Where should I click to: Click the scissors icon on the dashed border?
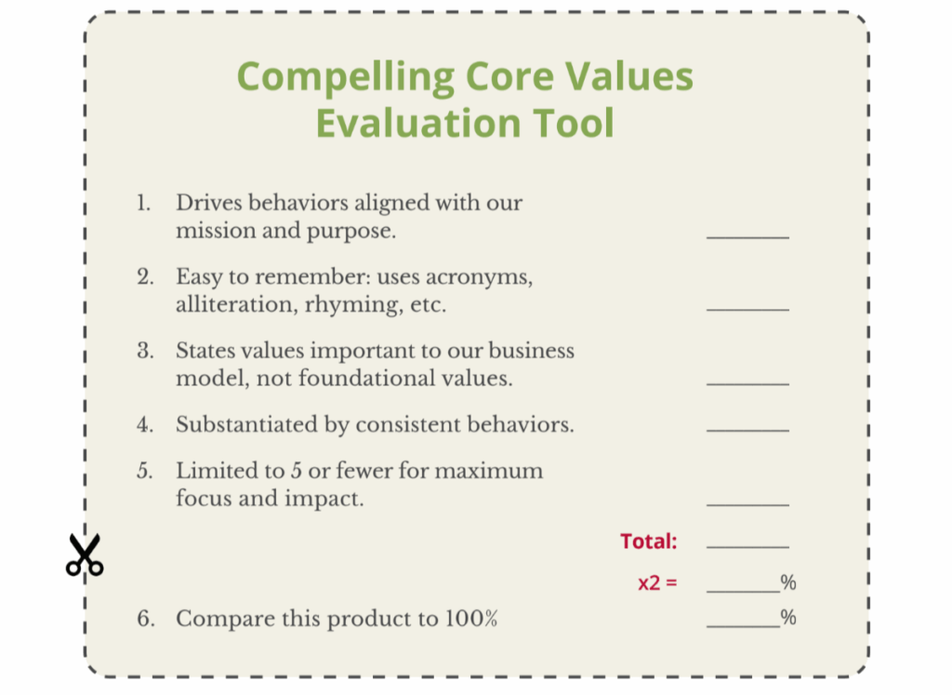click(x=85, y=555)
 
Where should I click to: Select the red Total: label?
click(x=648, y=541)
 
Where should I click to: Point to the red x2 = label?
click(x=657, y=583)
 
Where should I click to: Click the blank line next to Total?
click(x=748, y=547)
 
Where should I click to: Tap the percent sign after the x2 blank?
click(x=788, y=582)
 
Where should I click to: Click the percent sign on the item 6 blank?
click(x=788, y=618)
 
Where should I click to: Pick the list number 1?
click(x=143, y=203)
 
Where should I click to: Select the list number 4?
click(x=144, y=424)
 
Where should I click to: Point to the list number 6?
click(x=145, y=619)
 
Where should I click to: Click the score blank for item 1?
click(x=748, y=237)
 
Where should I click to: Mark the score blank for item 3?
click(x=748, y=384)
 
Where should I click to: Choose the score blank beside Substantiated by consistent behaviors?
click(x=748, y=431)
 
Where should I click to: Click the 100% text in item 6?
click(x=471, y=619)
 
